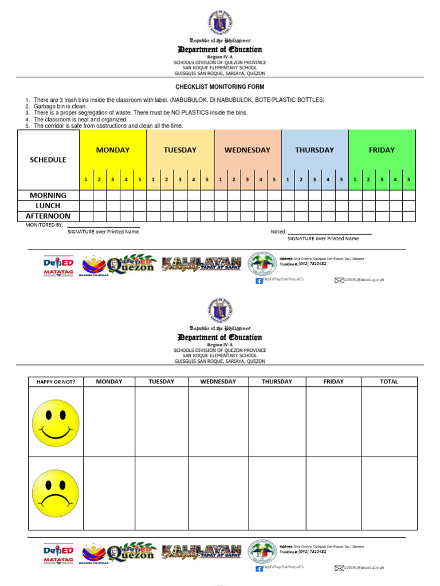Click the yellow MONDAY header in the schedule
click(x=113, y=150)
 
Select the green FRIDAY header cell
click(x=382, y=150)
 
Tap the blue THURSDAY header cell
click(x=315, y=150)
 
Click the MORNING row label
click(x=48, y=195)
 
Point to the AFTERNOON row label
click(x=48, y=216)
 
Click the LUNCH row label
click(x=48, y=205)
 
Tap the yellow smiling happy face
click(x=56, y=423)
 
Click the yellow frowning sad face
click(x=56, y=493)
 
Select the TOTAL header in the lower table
click(x=389, y=382)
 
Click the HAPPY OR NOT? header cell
click(x=56, y=382)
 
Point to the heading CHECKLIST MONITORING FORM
click(x=220, y=87)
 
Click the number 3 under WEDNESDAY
click(x=247, y=180)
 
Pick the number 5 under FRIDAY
click(x=408, y=180)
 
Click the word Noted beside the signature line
click(x=278, y=232)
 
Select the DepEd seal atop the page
click(x=220, y=23)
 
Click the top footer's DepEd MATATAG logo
click(x=58, y=266)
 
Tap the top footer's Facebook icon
click(x=259, y=280)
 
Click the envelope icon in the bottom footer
click(x=339, y=568)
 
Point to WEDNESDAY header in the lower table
click(x=218, y=382)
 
